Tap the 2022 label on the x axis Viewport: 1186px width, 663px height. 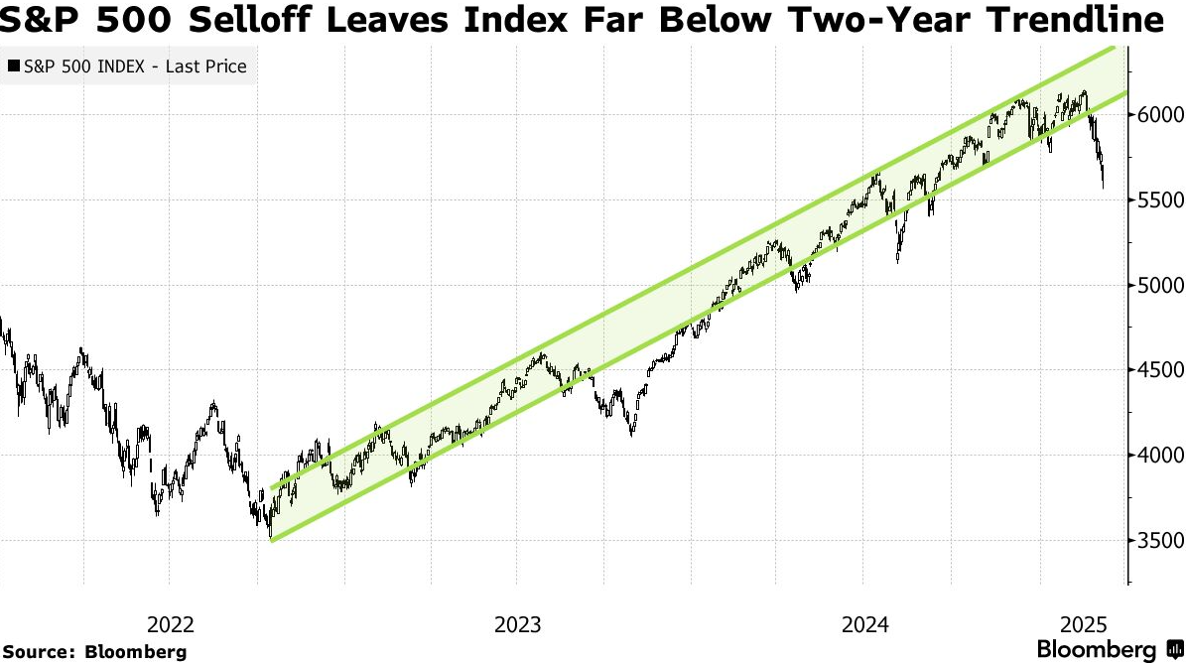pyautogui.click(x=170, y=625)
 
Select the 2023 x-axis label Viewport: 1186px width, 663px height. pyautogui.click(x=516, y=625)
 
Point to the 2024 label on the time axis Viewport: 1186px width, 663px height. pyautogui.click(x=862, y=625)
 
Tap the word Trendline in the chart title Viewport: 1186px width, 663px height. pyautogui.click(x=1083, y=19)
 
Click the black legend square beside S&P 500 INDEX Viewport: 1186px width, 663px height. pyautogui.click(x=13, y=67)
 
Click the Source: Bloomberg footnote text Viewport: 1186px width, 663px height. pyautogui.click(x=94, y=652)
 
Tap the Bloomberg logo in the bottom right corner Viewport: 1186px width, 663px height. pyautogui.click(x=1111, y=650)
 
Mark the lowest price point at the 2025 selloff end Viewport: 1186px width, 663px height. pyautogui.click(x=1104, y=186)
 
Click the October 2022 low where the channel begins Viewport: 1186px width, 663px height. pyautogui.click(x=270, y=537)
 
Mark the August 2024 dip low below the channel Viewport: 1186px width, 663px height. pyautogui.click(x=897, y=262)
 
